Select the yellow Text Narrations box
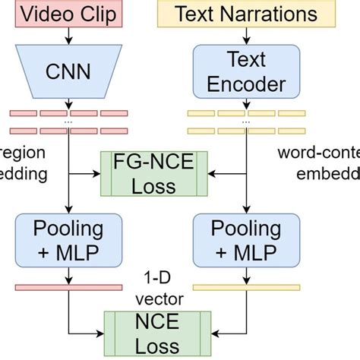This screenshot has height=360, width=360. (x=246, y=13)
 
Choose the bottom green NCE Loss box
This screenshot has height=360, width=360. (x=154, y=330)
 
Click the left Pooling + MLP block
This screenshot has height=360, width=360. (x=68, y=240)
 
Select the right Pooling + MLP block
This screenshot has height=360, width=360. (x=246, y=240)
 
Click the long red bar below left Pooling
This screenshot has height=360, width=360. (x=68, y=287)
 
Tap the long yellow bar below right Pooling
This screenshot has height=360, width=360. (x=245, y=287)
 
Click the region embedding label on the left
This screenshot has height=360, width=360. (x=23, y=163)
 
